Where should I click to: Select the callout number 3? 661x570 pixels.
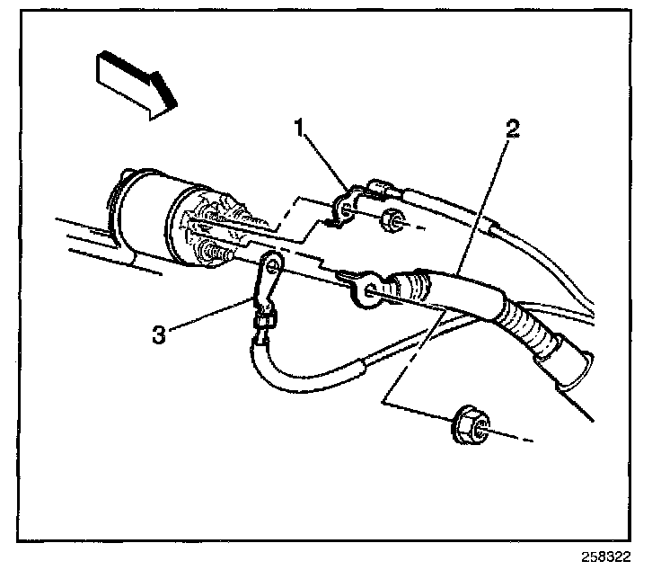click(159, 334)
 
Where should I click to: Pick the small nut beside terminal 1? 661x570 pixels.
click(392, 221)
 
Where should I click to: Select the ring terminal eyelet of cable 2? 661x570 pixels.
click(364, 289)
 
